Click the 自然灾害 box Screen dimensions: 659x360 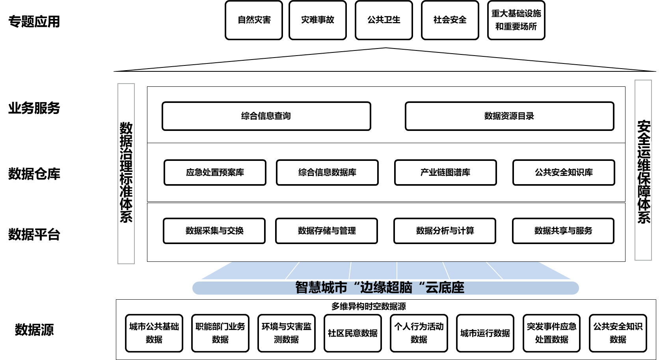pyautogui.click(x=254, y=20)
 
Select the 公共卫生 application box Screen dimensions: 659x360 pyautogui.click(x=383, y=20)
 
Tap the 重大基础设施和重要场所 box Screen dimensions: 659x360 pyautogui.click(x=516, y=20)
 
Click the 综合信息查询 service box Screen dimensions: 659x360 pyautogui.click(x=266, y=116)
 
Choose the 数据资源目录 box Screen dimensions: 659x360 pyautogui.click(x=509, y=116)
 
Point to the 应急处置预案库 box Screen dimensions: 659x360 pyautogui.click(x=215, y=172)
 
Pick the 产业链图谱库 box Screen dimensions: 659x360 pyautogui.click(x=445, y=172)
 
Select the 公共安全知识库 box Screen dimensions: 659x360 pyautogui.click(x=564, y=172)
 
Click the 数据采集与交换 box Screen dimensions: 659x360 pyautogui.click(x=214, y=231)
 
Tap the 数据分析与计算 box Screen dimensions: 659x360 pyautogui.click(x=445, y=231)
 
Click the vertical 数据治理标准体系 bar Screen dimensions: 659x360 pyautogui.click(x=126, y=173)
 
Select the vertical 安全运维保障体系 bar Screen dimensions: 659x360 pyautogui.click(x=643, y=170)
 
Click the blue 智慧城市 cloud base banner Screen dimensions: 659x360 pyautogui.click(x=385, y=288)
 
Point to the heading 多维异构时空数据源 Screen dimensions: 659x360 pyautogui.click(x=369, y=306)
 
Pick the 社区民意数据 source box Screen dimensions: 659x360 pyautogui.click(x=353, y=333)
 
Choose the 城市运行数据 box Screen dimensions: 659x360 pyautogui.click(x=485, y=333)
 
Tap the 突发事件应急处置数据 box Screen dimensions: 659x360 pyautogui.click(x=552, y=333)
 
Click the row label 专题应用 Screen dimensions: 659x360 pyautogui.click(x=34, y=21)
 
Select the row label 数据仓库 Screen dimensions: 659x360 pyautogui.click(x=34, y=173)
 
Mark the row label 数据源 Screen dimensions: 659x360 pyautogui.click(x=34, y=330)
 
